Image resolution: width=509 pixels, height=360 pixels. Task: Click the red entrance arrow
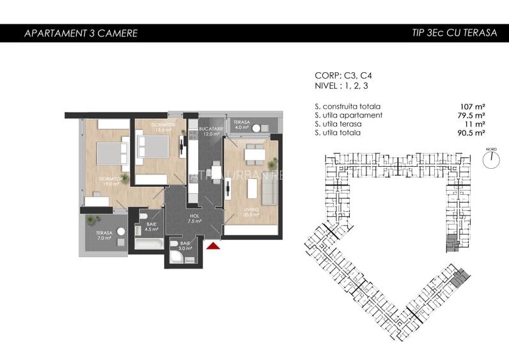point(214,244)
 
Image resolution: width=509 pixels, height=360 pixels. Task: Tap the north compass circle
point(491,160)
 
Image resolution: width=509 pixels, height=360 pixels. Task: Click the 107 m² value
point(472,106)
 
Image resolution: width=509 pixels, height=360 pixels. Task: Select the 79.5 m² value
point(471,115)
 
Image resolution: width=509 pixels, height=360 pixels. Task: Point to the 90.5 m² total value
point(471,133)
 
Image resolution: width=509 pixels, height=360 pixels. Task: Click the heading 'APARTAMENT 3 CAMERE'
point(81,33)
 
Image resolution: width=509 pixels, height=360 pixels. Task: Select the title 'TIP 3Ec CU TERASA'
point(455,33)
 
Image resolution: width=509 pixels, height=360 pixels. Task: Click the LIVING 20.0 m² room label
point(251,212)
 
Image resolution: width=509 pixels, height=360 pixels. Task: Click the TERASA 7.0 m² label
point(104,235)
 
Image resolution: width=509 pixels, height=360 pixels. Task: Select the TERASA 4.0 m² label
point(241,125)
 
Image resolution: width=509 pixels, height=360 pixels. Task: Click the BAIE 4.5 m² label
point(152,227)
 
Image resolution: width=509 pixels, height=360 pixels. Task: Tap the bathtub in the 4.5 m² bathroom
point(149,244)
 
